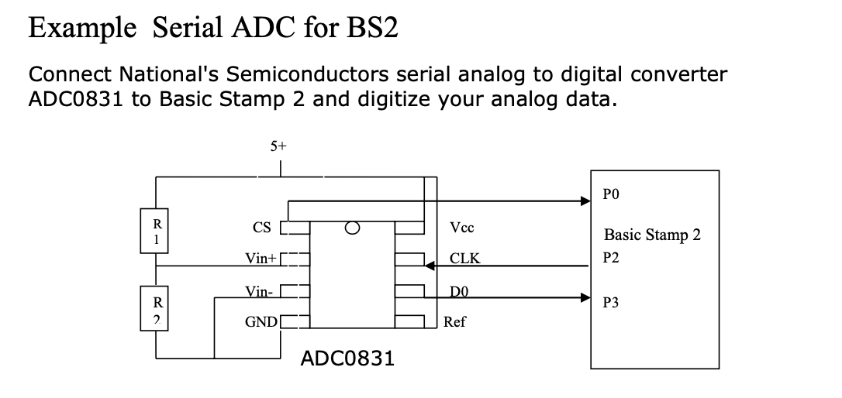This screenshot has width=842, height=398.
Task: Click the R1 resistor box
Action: (157, 231)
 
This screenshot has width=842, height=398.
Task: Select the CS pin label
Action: (262, 228)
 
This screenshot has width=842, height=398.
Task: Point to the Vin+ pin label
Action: (261, 259)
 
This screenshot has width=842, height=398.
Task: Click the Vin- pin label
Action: (258, 292)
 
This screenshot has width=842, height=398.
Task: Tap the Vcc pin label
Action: (462, 228)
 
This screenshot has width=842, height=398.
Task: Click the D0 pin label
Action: (459, 291)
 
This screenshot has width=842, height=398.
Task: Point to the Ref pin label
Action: (455, 321)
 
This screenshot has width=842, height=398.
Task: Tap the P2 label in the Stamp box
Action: (610, 258)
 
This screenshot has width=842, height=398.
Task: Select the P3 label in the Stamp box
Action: (610, 303)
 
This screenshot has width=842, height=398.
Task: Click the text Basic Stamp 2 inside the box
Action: (652, 235)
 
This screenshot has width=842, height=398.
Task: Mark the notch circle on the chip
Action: (352, 228)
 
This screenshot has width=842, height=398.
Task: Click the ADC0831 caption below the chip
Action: (347, 359)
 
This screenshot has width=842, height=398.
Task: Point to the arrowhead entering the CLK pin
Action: (431, 266)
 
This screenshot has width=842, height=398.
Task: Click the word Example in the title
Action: (81, 29)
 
